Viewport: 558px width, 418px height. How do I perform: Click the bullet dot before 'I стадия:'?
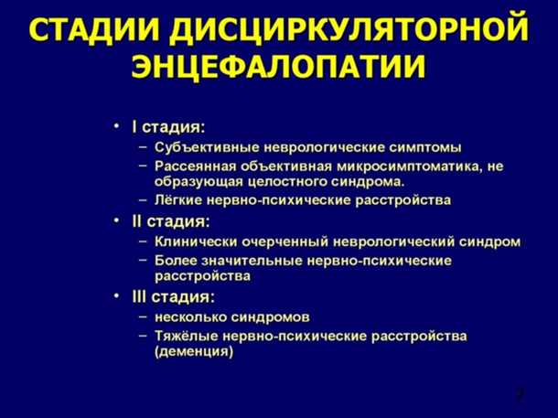[x=116, y=125]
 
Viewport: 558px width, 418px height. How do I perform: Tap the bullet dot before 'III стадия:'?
[x=116, y=297]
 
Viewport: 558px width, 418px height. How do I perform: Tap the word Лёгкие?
[x=177, y=198]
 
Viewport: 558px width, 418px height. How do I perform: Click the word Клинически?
[x=195, y=242]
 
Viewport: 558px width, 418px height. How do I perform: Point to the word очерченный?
[x=282, y=242]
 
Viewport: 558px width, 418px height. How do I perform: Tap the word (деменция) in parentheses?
[x=193, y=351]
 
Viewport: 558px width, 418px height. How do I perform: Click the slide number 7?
[x=519, y=395]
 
